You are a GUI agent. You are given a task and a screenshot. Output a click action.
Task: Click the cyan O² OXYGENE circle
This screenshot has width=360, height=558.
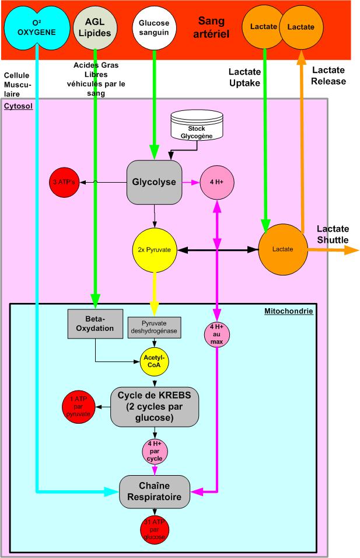36,26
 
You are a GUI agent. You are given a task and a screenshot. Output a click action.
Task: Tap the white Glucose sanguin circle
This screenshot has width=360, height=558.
154,26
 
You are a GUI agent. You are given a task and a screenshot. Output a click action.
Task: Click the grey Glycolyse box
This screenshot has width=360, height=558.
155,183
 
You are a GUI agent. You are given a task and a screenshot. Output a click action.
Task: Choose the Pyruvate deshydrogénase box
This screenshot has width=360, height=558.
155,327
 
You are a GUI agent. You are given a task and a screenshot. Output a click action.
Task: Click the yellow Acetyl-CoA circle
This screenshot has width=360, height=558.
154,363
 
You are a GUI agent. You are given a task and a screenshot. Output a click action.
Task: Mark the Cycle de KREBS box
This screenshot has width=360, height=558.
155,406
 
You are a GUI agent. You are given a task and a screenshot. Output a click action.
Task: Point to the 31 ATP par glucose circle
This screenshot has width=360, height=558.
155,529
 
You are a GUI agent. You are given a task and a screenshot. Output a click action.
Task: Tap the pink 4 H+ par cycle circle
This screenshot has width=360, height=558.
155,451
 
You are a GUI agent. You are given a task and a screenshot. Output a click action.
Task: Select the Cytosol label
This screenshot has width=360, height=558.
18,107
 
